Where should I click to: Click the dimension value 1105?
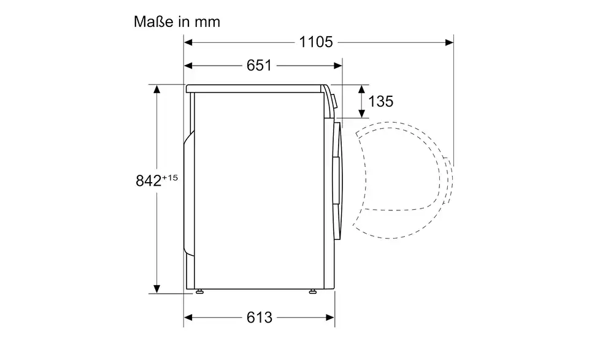coord(316,42)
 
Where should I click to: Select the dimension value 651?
coord(259,66)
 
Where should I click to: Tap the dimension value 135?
coord(381,101)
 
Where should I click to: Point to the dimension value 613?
coord(259,318)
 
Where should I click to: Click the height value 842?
coord(148,181)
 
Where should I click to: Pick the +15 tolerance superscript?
coord(170,178)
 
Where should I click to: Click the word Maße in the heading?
coord(154,22)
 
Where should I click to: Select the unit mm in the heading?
coord(207,22)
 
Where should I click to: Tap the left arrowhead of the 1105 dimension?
coord(188,42)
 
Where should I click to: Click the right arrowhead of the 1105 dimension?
coord(449,42)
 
